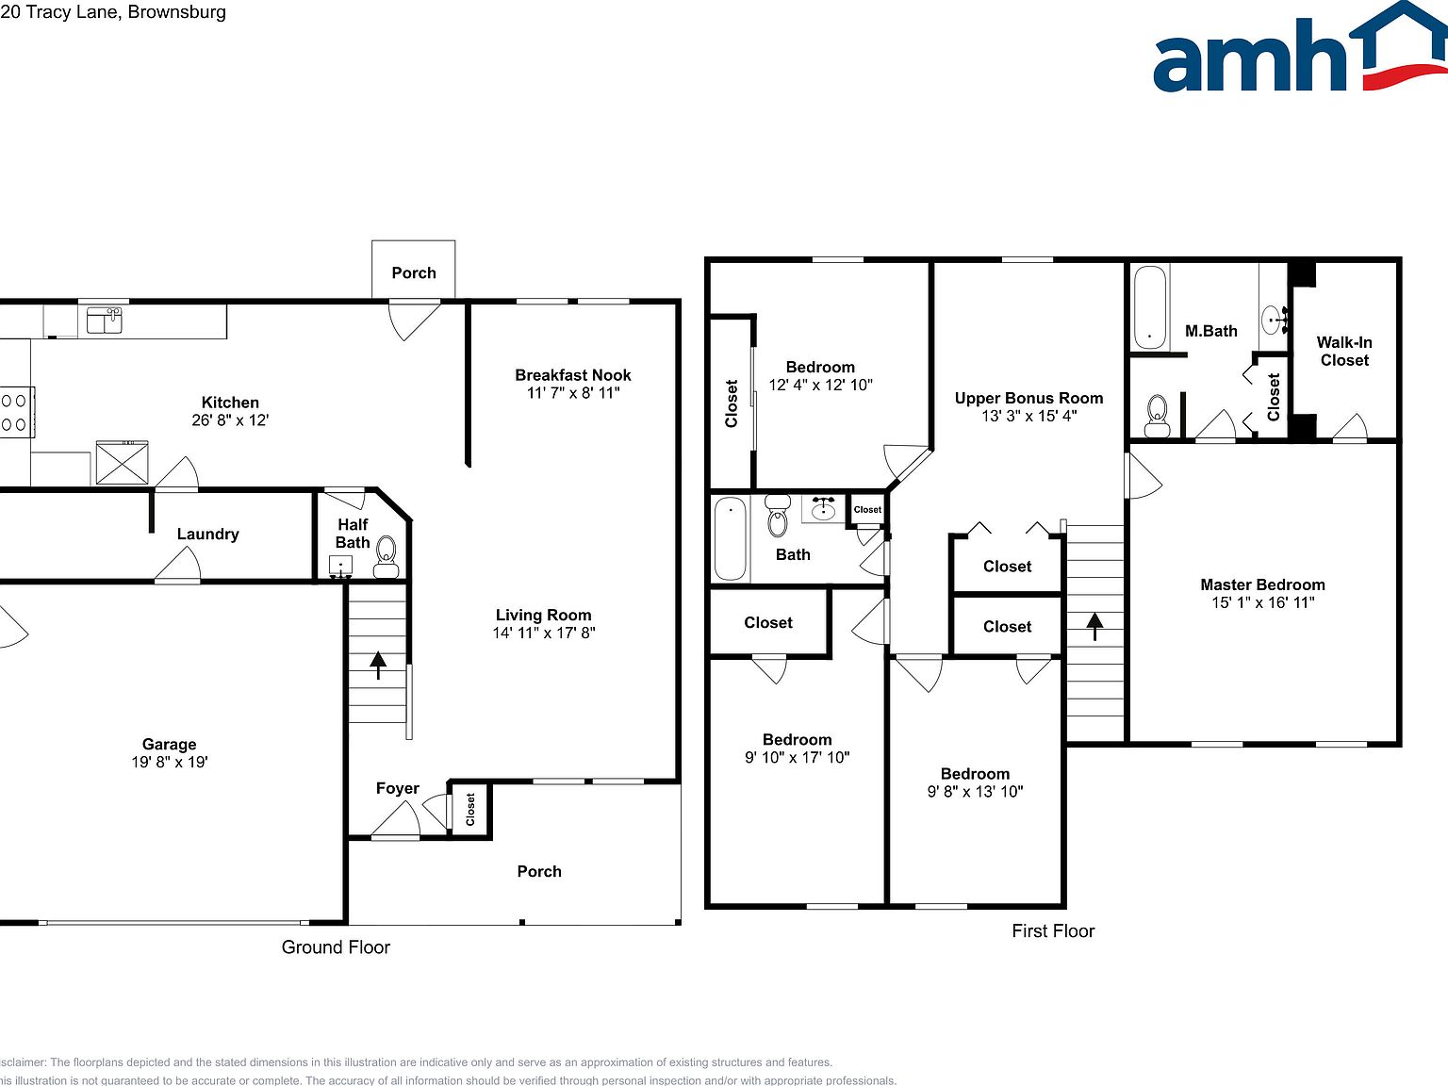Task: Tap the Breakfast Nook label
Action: point(572,375)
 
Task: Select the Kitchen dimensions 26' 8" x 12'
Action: point(230,420)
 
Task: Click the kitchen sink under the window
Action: point(104,321)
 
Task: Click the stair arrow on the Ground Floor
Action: point(378,665)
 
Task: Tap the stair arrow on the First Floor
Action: point(1094,626)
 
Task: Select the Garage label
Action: point(169,744)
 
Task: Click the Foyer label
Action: point(397,788)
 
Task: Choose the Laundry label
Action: point(207,534)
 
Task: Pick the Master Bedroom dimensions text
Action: point(1262,602)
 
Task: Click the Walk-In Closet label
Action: point(1344,351)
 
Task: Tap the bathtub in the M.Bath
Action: point(1149,307)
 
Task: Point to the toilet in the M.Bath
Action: point(1157,415)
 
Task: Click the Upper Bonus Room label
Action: point(1028,398)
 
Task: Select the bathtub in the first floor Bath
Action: point(730,537)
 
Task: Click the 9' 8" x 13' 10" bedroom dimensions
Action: point(975,792)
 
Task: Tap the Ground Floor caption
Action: point(336,947)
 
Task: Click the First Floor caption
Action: point(1053,931)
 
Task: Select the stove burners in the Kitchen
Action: point(14,412)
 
